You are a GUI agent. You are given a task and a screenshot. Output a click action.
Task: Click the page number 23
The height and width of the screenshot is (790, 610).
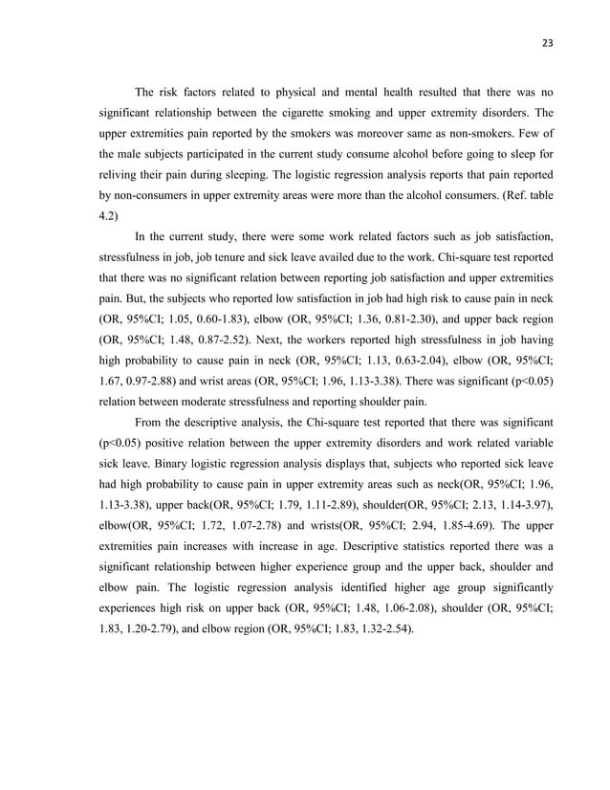[546, 42]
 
